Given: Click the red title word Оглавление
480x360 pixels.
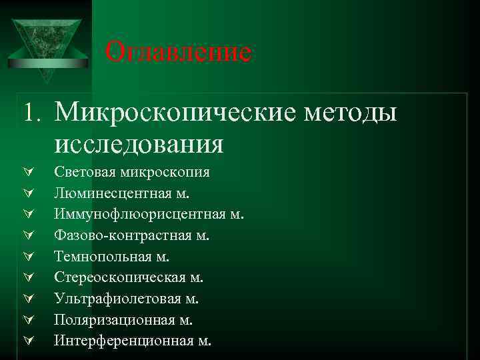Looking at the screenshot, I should click(x=179, y=51).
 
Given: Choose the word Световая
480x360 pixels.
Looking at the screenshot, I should click(x=85, y=173).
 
